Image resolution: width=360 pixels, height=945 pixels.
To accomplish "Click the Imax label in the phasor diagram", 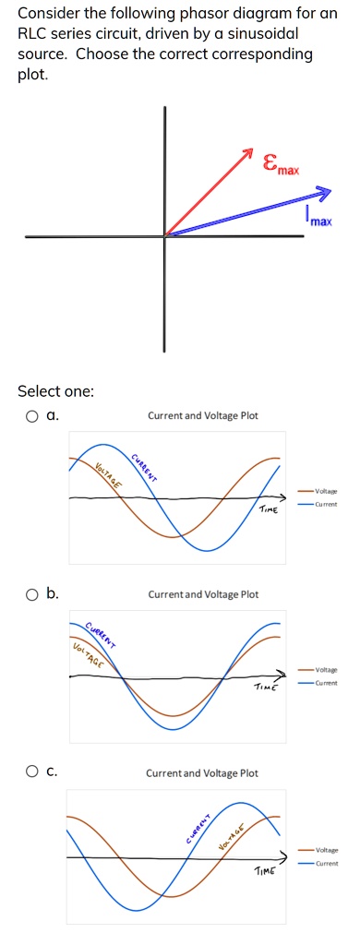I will [319, 220].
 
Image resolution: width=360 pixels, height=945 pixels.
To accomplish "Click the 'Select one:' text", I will [56, 391].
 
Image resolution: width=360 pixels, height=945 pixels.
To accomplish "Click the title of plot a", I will [203, 416].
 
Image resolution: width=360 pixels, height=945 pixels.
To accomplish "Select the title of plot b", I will [203, 594].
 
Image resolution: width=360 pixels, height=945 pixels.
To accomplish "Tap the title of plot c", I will [203, 773].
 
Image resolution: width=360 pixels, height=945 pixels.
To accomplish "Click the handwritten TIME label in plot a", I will [268, 509].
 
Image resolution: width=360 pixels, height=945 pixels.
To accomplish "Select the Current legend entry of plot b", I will [325, 682].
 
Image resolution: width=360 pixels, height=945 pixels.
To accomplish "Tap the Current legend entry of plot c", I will [325, 864].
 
